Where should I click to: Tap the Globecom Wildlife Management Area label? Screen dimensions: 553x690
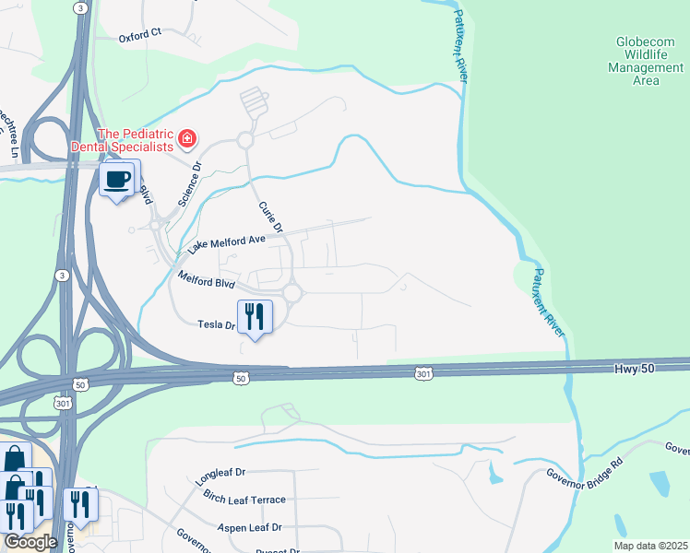click(646, 61)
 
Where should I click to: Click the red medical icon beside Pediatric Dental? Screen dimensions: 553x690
click(187, 139)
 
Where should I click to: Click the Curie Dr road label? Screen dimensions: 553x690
click(269, 217)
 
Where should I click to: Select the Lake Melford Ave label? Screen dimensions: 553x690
click(226, 243)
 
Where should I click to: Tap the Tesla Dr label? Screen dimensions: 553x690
click(217, 324)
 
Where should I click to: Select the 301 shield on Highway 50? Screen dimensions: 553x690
click(423, 373)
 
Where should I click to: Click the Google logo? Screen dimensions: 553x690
click(30, 542)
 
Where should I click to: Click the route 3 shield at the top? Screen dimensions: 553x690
click(82, 7)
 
